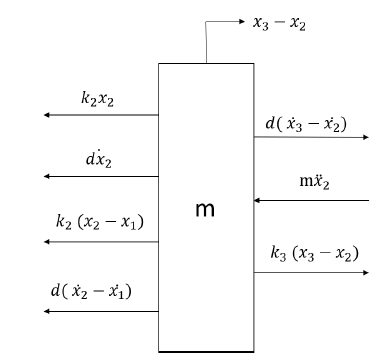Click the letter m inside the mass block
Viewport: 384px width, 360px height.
pyautogui.click(x=204, y=210)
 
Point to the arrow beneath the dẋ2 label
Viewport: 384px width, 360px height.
pyautogui.click(x=100, y=176)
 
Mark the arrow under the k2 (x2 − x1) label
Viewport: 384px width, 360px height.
pyautogui.click(x=100, y=241)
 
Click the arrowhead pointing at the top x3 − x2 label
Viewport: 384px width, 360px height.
pyautogui.click(x=242, y=20)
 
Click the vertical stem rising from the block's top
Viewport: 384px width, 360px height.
pyautogui.click(x=207, y=43)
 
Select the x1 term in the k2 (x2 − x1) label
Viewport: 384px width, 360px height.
pyautogui.click(x=135, y=221)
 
